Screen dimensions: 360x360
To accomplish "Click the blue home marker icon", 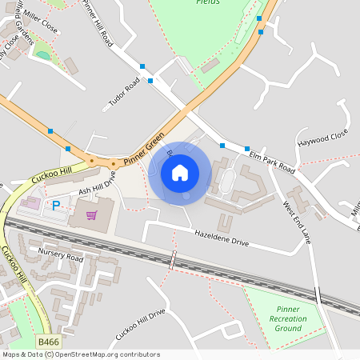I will point(180,172).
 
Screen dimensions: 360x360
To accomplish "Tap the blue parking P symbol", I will point(56,206).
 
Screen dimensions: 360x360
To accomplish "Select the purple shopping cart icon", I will point(91,214).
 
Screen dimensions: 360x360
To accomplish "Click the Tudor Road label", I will point(123,95).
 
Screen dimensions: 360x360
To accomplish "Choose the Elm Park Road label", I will point(272,160).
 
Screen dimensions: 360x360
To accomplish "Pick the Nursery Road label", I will point(61,256).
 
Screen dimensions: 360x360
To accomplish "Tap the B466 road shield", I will point(49,342).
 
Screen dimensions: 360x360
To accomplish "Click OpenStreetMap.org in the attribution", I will point(85,354).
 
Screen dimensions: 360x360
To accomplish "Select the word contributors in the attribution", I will point(138,354).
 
